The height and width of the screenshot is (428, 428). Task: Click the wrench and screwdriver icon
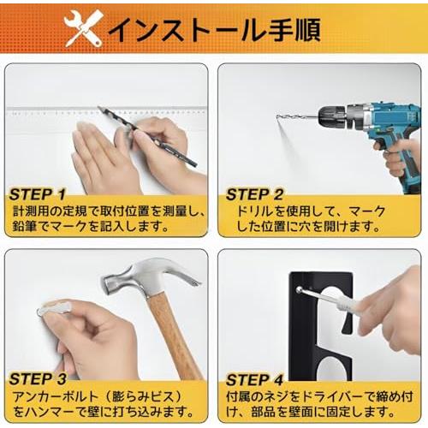click(83, 28)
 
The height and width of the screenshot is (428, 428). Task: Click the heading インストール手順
click(215, 29)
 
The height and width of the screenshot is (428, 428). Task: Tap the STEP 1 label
click(38, 194)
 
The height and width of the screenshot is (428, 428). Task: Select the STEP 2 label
click(254, 194)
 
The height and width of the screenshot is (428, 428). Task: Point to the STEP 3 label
click(38, 379)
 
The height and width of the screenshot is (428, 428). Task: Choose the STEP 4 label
click(255, 380)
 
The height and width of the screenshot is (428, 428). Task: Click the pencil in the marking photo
click(147, 136)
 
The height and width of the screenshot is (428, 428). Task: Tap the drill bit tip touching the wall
click(276, 116)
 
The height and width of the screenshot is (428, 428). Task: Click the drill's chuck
click(332, 116)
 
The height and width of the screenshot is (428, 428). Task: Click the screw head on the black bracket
click(299, 290)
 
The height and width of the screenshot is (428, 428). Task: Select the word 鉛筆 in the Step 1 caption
click(25, 226)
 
